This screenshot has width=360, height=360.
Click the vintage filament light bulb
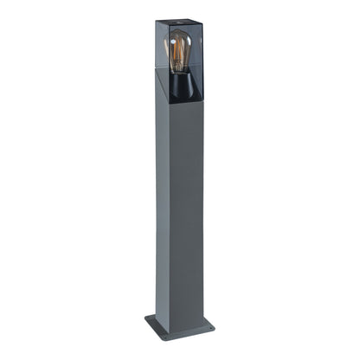coord(179,53)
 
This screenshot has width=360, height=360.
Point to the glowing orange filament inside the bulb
coord(179,55)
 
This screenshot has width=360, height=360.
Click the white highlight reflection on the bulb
coord(172,45)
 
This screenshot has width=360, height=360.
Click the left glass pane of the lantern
coord(164,61)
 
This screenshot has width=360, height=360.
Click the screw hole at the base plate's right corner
coord(209,325)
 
